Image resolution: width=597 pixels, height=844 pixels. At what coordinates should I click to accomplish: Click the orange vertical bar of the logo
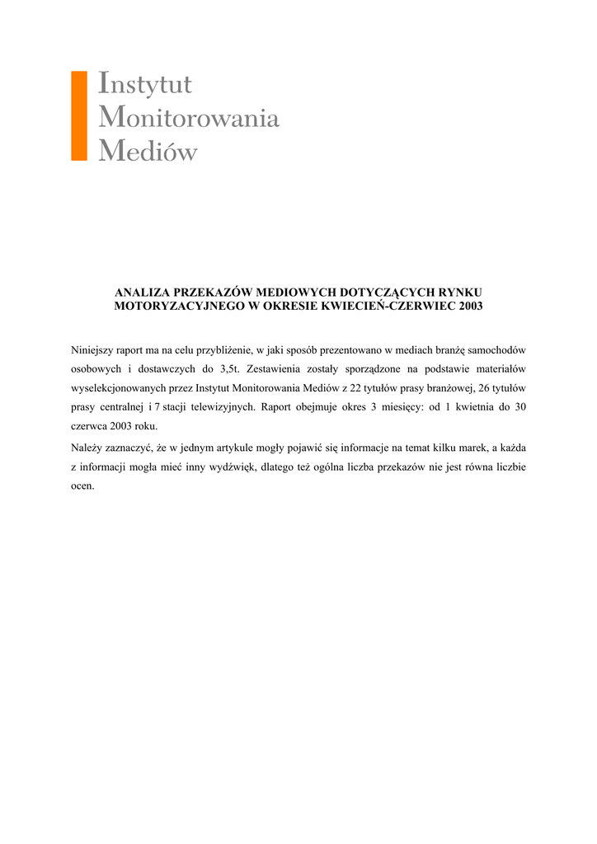[x=79, y=115]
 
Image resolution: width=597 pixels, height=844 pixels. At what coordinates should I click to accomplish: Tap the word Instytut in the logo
[x=145, y=84]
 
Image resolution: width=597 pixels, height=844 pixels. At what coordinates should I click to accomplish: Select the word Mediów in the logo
[x=148, y=152]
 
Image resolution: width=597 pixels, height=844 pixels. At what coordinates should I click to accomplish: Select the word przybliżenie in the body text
[x=225, y=350]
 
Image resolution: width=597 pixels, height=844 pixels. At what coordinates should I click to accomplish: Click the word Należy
[x=87, y=448]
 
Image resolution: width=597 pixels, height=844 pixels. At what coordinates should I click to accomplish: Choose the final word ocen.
[x=82, y=485]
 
